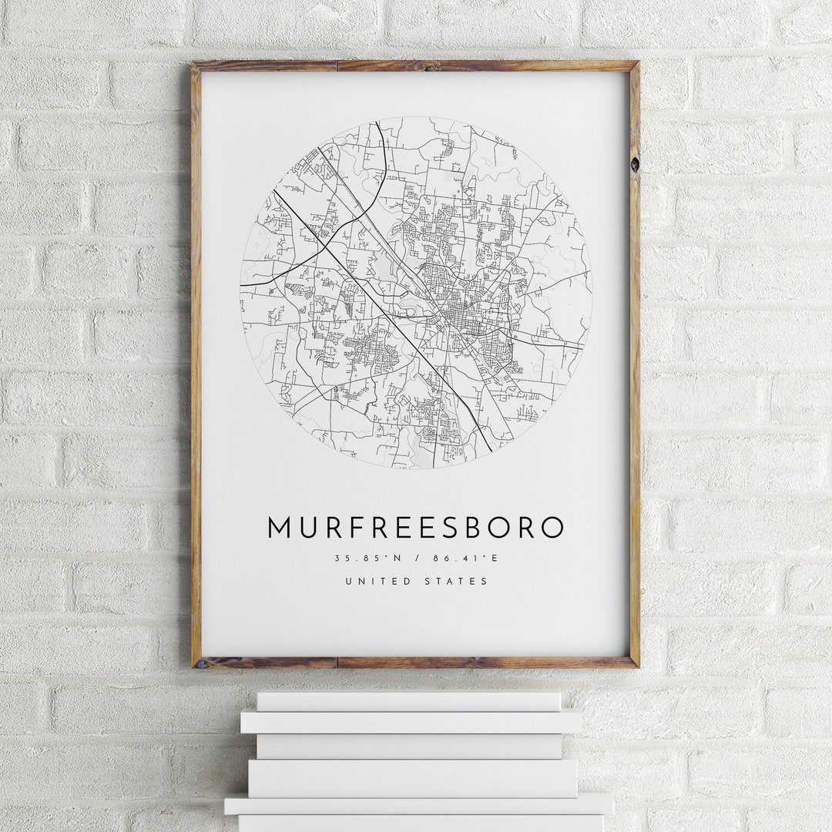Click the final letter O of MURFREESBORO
552,528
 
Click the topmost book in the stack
408,701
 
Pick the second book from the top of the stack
411,722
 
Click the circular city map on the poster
416,292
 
